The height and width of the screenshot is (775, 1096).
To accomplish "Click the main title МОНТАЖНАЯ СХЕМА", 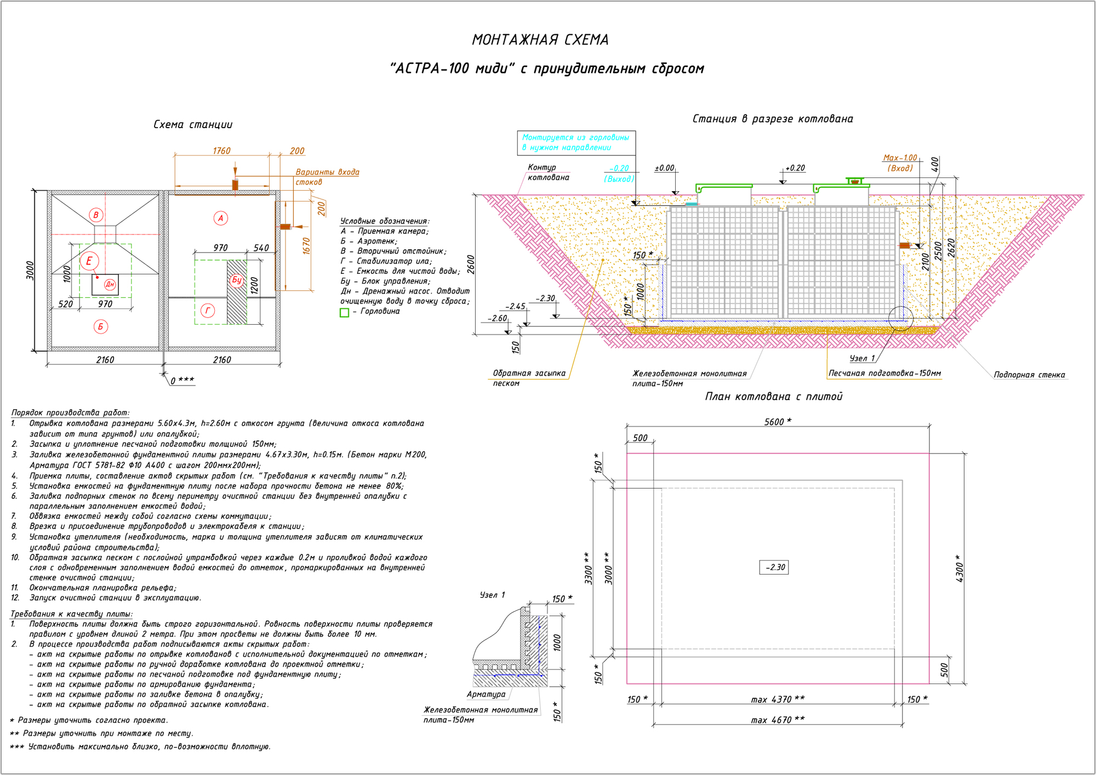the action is point(540,40).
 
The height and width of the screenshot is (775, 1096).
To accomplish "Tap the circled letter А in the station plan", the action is point(221,218).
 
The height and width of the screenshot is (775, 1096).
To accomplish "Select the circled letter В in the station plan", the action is point(96,215).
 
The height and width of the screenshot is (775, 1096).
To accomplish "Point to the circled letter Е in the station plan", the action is point(89,261).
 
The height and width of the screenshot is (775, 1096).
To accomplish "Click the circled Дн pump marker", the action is point(110,284).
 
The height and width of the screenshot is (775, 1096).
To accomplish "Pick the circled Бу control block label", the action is point(237,279).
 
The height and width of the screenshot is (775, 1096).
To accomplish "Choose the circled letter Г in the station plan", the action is point(208,311).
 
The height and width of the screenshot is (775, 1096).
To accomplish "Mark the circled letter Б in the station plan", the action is point(101,327).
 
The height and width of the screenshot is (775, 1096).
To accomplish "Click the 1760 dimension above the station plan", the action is point(222,151).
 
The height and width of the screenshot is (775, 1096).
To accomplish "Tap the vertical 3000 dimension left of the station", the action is point(31,271).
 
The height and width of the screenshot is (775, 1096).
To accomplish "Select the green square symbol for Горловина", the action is point(345,312).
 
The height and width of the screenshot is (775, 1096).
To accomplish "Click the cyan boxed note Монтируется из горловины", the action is point(576,142).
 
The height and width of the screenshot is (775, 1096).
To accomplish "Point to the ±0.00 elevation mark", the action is point(664,168).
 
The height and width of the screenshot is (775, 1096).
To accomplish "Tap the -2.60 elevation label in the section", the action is point(498,318).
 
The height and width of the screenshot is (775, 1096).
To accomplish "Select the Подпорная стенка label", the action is point(1029,375).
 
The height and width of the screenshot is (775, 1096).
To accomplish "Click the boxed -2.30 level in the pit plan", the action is point(774,567).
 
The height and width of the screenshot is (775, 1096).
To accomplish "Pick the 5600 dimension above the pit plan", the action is point(778,422).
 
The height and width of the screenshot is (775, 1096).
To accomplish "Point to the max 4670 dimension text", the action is point(778,720).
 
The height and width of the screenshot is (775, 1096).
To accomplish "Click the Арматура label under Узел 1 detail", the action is point(486,694).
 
